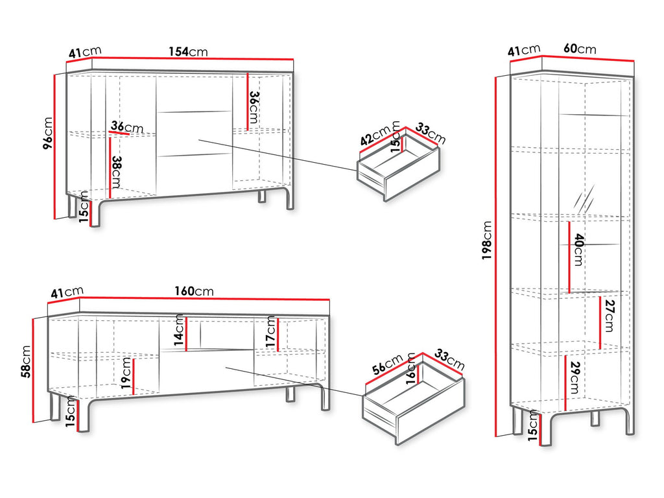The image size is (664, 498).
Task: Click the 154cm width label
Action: [x=189, y=52]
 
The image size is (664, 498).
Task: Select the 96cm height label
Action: [x=48, y=133]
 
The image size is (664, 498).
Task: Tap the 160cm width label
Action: [x=194, y=291]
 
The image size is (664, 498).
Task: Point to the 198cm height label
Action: [x=487, y=240]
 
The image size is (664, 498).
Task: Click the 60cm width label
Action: [x=580, y=49]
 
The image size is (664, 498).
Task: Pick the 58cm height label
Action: [x=26, y=362]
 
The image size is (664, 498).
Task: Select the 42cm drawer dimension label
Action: [x=375, y=136]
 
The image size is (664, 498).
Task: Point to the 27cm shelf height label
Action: [x=610, y=316]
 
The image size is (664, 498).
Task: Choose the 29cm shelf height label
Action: [x=575, y=378]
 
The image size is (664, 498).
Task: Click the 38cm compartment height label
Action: [x=117, y=172]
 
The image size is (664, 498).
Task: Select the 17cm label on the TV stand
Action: [x=271, y=332]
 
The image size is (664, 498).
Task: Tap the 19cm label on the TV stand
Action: [x=126, y=373]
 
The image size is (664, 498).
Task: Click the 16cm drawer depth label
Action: [x=411, y=368]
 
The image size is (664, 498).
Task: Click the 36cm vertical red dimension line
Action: [x=248, y=102]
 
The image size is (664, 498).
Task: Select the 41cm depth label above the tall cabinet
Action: [x=524, y=51]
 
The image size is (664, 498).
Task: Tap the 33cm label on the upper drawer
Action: [x=430, y=134]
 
